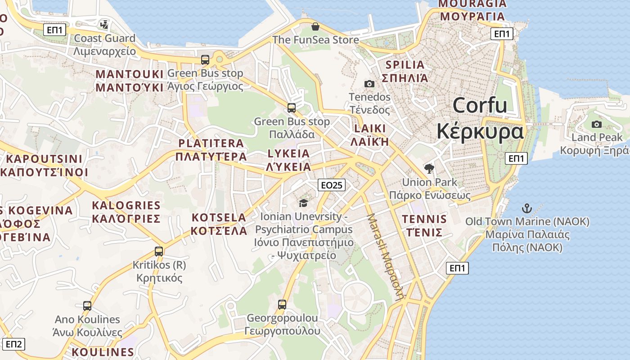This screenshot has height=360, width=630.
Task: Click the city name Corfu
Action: [x=480, y=106]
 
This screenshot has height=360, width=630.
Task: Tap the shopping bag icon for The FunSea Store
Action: [x=315, y=27]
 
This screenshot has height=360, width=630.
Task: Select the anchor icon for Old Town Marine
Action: [x=526, y=208]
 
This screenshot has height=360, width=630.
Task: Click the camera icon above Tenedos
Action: [x=369, y=84]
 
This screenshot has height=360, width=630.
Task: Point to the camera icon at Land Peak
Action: [x=597, y=124]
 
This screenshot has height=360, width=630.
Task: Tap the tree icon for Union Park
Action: [x=429, y=169]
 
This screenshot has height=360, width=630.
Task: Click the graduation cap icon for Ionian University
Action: [x=303, y=203]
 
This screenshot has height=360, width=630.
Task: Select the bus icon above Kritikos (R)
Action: [x=159, y=252]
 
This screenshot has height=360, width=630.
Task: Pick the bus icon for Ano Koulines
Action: [x=87, y=306]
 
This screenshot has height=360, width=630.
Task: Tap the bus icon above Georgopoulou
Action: [x=282, y=305]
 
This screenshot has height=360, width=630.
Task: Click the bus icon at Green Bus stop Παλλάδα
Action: [x=292, y=108]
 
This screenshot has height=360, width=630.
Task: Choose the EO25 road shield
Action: [x=331, y=184]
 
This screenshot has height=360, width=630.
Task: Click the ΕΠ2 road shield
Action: [x=13, y=344]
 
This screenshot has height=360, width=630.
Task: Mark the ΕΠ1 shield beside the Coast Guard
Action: [x=55, y=30]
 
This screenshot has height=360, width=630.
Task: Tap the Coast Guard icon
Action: [x=105, y=24]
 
